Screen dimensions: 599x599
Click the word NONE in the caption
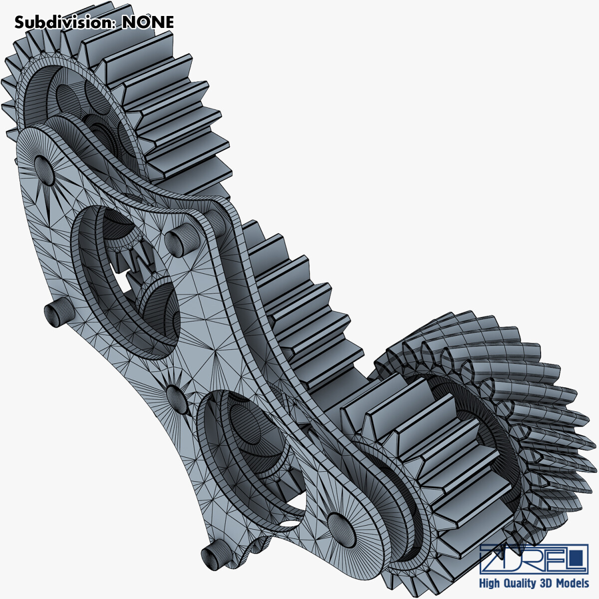pyautogui.click(x=148, y=22)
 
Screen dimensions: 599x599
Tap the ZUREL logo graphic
pyautogui.click(x=533, y=559)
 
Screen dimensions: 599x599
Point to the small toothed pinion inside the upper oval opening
pyautogui.click(x=135, y=257)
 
